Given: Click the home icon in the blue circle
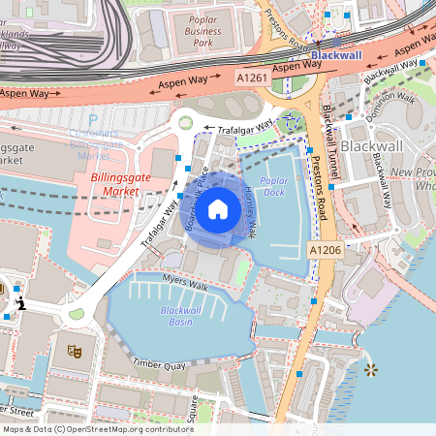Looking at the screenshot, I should (218, 207).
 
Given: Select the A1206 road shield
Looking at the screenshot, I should (325, 250).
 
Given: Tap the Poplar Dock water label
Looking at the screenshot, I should (275, 186).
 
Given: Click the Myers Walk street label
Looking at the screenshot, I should (185, 285).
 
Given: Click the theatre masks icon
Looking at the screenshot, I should (72, 350).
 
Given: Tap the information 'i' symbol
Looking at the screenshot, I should (20, 304).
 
